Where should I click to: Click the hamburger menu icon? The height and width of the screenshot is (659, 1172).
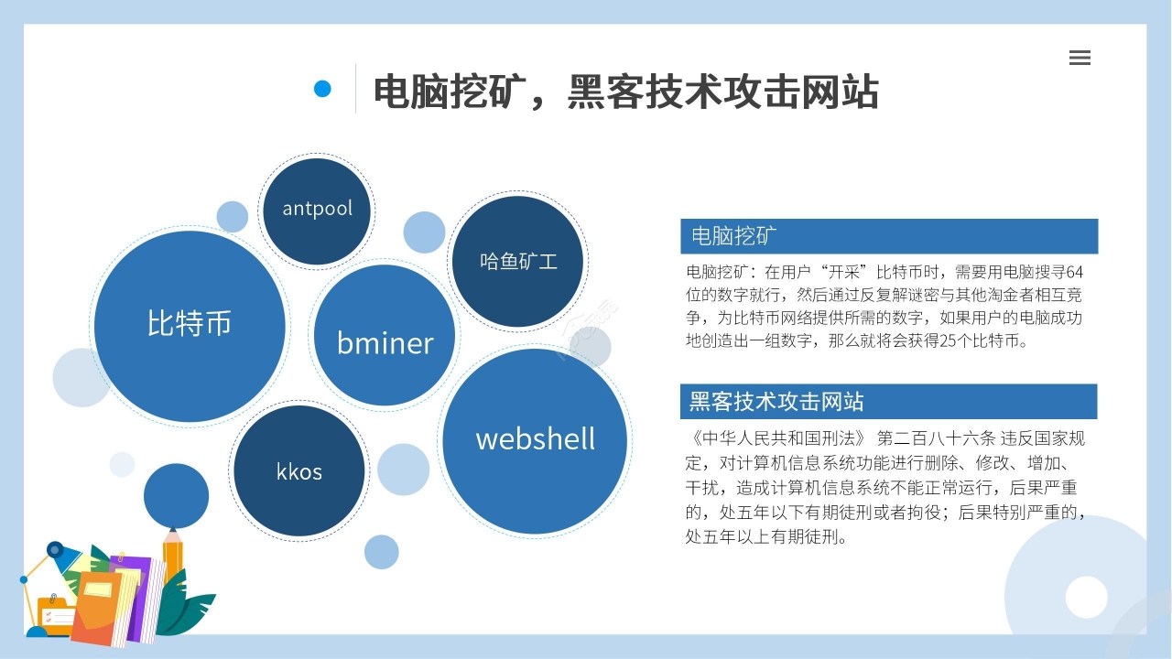pos(1080,58)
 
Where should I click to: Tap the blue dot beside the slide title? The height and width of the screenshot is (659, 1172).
pos(322,89)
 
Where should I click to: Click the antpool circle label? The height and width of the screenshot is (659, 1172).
pos(317,209)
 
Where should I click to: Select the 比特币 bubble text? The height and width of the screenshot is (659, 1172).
pos(189,323)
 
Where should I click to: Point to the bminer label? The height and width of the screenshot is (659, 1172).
pos(385,343)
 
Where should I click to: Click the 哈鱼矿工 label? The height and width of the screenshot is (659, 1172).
pos(518,261)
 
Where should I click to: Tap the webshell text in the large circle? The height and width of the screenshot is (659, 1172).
pos(536,438)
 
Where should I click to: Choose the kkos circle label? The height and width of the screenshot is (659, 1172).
pos(299,471)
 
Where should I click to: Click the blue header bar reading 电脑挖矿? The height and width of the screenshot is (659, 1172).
pos(889,236)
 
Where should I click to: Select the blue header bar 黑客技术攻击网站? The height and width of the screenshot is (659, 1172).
pos(888,402)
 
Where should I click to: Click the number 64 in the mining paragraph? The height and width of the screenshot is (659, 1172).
pos(1074,272)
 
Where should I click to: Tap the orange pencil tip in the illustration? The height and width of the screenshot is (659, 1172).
pos(173,534)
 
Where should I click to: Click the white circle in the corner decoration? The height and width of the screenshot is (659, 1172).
pos(1086,598)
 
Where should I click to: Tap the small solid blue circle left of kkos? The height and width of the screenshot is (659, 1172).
pos(177,496)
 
